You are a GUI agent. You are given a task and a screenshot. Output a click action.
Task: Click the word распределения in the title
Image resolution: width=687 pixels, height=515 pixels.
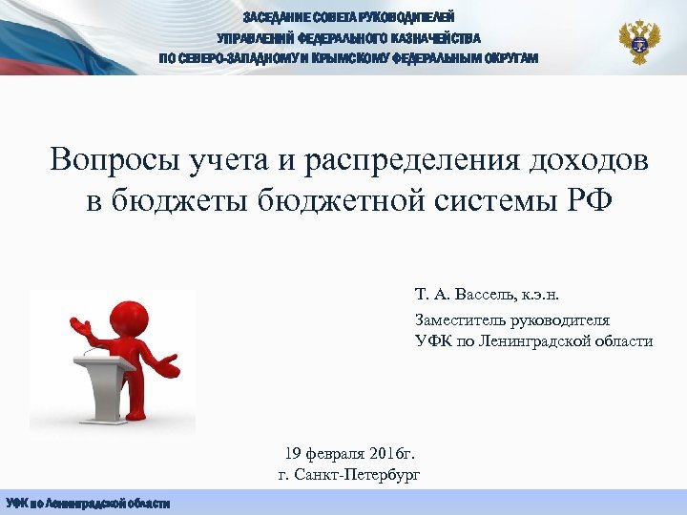(x=424, y=159)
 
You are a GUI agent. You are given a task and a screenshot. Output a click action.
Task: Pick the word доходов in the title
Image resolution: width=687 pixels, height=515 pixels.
(x=596, y=159)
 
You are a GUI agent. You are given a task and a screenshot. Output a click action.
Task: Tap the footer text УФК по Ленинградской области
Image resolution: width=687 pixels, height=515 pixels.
(x=88, y=504)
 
